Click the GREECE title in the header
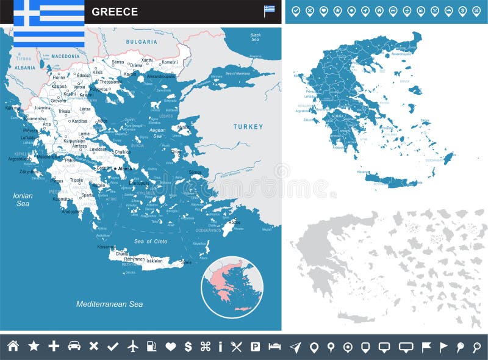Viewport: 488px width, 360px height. [115, 12]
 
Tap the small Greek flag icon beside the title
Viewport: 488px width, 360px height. [269, 10]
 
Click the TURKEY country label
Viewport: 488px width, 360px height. [248, 127]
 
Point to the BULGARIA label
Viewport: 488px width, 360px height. [142, 41]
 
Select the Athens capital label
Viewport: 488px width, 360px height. [124, 168]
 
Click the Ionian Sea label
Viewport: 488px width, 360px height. [23, 200]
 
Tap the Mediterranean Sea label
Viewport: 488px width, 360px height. [109, 304]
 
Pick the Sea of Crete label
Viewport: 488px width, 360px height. [150, 242]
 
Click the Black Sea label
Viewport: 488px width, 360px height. [256, 37]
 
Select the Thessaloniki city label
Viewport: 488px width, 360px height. [110, 81]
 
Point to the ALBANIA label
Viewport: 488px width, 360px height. [25, 68]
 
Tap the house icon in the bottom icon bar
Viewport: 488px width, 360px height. [13, 346]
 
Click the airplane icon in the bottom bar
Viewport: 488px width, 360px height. [133, 346]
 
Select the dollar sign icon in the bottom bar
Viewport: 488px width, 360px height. [188, 346]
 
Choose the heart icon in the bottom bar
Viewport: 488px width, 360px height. [170, 346]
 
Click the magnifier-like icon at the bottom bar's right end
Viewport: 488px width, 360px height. [476, 347]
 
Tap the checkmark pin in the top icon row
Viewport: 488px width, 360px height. [296, 11]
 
